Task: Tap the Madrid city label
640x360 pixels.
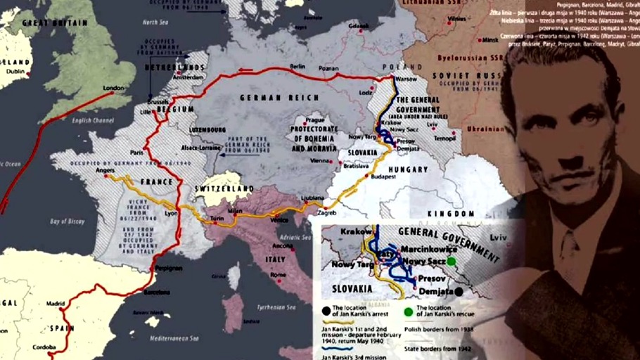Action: click(56, 304)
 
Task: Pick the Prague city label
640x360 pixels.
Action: click(314, 120)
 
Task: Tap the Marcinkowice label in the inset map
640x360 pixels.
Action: click(425, 249)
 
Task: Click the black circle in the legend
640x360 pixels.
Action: click(325, 309)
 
